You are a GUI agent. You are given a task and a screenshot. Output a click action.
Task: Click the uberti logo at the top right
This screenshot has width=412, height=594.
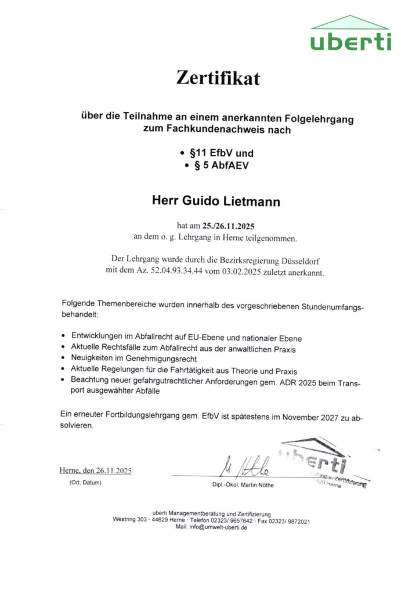pos(350,35)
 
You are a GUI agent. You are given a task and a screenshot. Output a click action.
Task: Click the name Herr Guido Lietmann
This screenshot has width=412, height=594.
pos(216,202)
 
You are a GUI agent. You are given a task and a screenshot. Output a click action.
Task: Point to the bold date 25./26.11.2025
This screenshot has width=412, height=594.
pos(229,226)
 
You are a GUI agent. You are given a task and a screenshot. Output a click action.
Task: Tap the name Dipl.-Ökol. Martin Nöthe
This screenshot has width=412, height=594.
pos(243,485)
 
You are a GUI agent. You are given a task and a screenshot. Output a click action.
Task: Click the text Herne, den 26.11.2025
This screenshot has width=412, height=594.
pos(96,470)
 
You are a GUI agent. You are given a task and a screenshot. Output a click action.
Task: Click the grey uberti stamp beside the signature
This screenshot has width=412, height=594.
pos(322,464)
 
